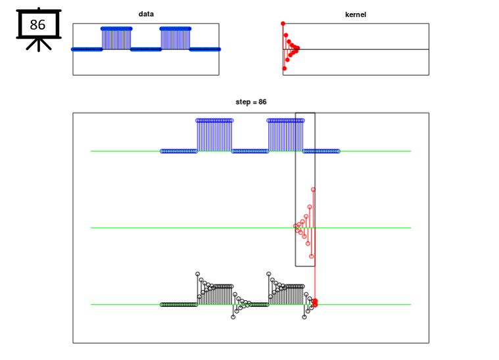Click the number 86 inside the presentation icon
[37, 25]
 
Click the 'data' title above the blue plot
[146, 14]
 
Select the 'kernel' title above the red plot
[356, 14]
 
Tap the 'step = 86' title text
[251, 102]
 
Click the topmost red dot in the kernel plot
[283, 24]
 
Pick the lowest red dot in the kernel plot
[285, 68]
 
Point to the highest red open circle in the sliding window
[313, 190]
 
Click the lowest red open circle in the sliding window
[311, 256]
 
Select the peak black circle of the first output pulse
[198, 274]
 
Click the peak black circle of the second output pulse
[269, 274]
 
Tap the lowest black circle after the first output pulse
[233, 317]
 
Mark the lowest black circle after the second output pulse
[304, 317]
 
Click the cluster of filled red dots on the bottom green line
[315, 302]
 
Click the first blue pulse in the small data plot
[116, 39]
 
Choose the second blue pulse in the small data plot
[176, 39]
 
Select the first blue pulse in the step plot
[214, 135]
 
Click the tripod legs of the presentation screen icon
[39, 45]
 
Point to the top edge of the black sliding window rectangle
[305, 113]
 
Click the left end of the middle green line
[91, 228]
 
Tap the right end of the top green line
[411, 151]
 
